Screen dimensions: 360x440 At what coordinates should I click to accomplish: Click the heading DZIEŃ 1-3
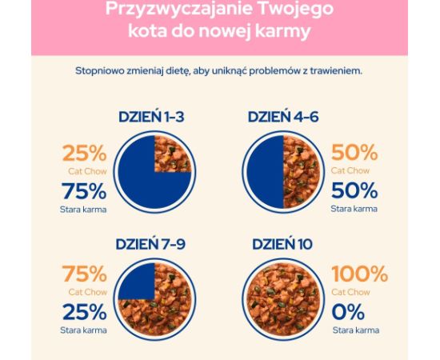pos(151,117)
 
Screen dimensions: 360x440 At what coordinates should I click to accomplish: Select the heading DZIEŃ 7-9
pos(151,244)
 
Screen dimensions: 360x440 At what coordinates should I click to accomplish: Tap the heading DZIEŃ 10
pos(286,244)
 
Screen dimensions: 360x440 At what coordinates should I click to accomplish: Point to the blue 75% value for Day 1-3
pos(83,191)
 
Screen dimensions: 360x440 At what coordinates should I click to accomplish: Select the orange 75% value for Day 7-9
pos(83,275)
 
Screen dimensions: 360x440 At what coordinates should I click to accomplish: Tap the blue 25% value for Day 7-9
pos(83,311)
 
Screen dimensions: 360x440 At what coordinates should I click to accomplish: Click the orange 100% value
pos(359,275)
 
